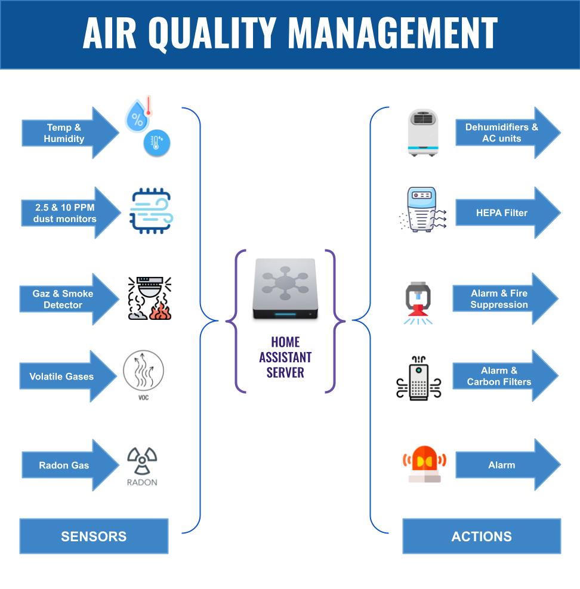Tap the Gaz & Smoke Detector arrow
click(66, 299)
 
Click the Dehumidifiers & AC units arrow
click(505, 133)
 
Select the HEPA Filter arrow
click(505, 213)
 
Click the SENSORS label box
click(94, 536)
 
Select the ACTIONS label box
click(482, 536)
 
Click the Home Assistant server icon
click(285, 289)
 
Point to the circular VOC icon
click(143, 372)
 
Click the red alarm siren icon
click(424, 463)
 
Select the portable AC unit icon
click(422, 132)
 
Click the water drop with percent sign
click(137, 117)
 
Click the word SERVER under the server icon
click(285, 372)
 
